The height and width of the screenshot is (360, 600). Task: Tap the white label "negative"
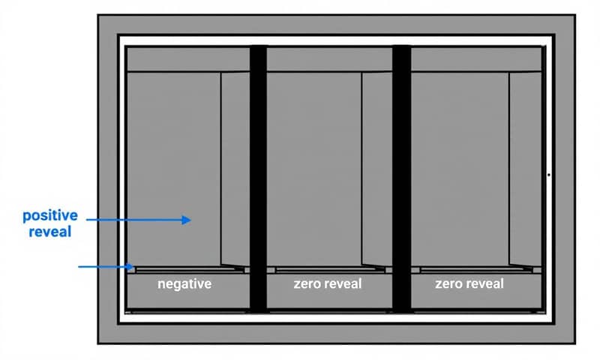point(184,285)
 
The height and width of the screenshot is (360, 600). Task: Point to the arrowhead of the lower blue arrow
point(132,266)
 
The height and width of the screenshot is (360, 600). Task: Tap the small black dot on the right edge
point(549,175)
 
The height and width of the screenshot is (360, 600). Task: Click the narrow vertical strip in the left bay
point(234,169)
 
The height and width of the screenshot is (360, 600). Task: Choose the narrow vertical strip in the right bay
point(523,169)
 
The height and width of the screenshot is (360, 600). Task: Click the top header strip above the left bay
point(187,59)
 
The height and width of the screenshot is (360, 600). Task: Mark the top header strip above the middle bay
point(329,59)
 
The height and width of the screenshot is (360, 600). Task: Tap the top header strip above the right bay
point(475,59)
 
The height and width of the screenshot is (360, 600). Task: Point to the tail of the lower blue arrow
point(81,266)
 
